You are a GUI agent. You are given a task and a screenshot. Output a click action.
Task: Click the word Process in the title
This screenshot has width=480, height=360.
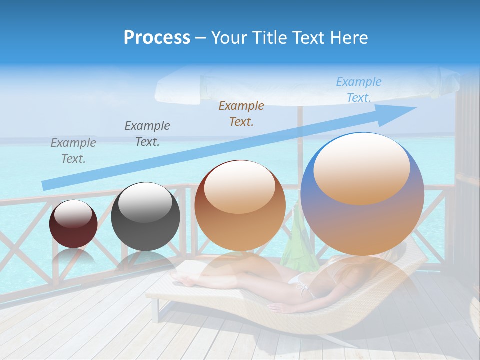(x=157, y=38)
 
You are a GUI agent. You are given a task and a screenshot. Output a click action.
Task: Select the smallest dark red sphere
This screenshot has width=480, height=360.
(x=73, y=224)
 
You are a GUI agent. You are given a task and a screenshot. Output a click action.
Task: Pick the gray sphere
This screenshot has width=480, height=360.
(x=145, y=216)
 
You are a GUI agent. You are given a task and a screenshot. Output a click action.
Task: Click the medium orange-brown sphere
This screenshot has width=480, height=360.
(x=240, y=205)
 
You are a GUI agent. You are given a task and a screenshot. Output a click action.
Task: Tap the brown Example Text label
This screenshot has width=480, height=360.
(x=241, y=113)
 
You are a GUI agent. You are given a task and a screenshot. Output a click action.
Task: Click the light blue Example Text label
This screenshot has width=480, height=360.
(x=359, y=90)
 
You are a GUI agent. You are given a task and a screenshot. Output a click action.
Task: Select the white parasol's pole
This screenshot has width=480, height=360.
(x=300, y=132)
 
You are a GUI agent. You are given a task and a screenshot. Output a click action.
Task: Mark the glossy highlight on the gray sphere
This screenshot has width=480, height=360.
(x=145, y=202)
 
